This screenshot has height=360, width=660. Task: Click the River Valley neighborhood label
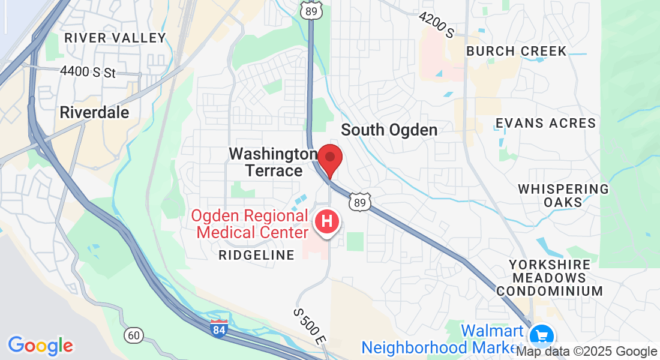(x=115, y=38)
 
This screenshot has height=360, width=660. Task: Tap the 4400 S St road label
(x=87, y=72)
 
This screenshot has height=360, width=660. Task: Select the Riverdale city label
(x=94, y=112)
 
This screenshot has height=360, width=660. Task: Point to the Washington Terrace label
(x=274, y=163)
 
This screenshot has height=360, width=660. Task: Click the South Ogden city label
(x=389, y=130)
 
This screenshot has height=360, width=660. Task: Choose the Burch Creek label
(x=516, y=51)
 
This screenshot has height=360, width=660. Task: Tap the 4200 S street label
(x=436, y=25)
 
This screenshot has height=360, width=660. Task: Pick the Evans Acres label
(x=545, y=124)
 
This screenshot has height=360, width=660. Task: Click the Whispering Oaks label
(x=563, y=195)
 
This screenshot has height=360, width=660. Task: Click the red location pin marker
(x=329, y=158)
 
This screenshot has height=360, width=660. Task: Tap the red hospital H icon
(x=328, y=221)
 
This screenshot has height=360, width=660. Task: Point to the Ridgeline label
(x=256, y=256)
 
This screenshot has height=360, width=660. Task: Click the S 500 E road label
(x=309, y=326)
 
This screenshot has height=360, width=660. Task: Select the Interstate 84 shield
(x=219, y=328)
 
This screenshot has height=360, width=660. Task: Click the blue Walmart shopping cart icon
(x=543, y=335)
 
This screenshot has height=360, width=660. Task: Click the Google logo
(x=40, y=346)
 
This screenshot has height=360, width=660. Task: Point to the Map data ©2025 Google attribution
(x=587, y=352)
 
